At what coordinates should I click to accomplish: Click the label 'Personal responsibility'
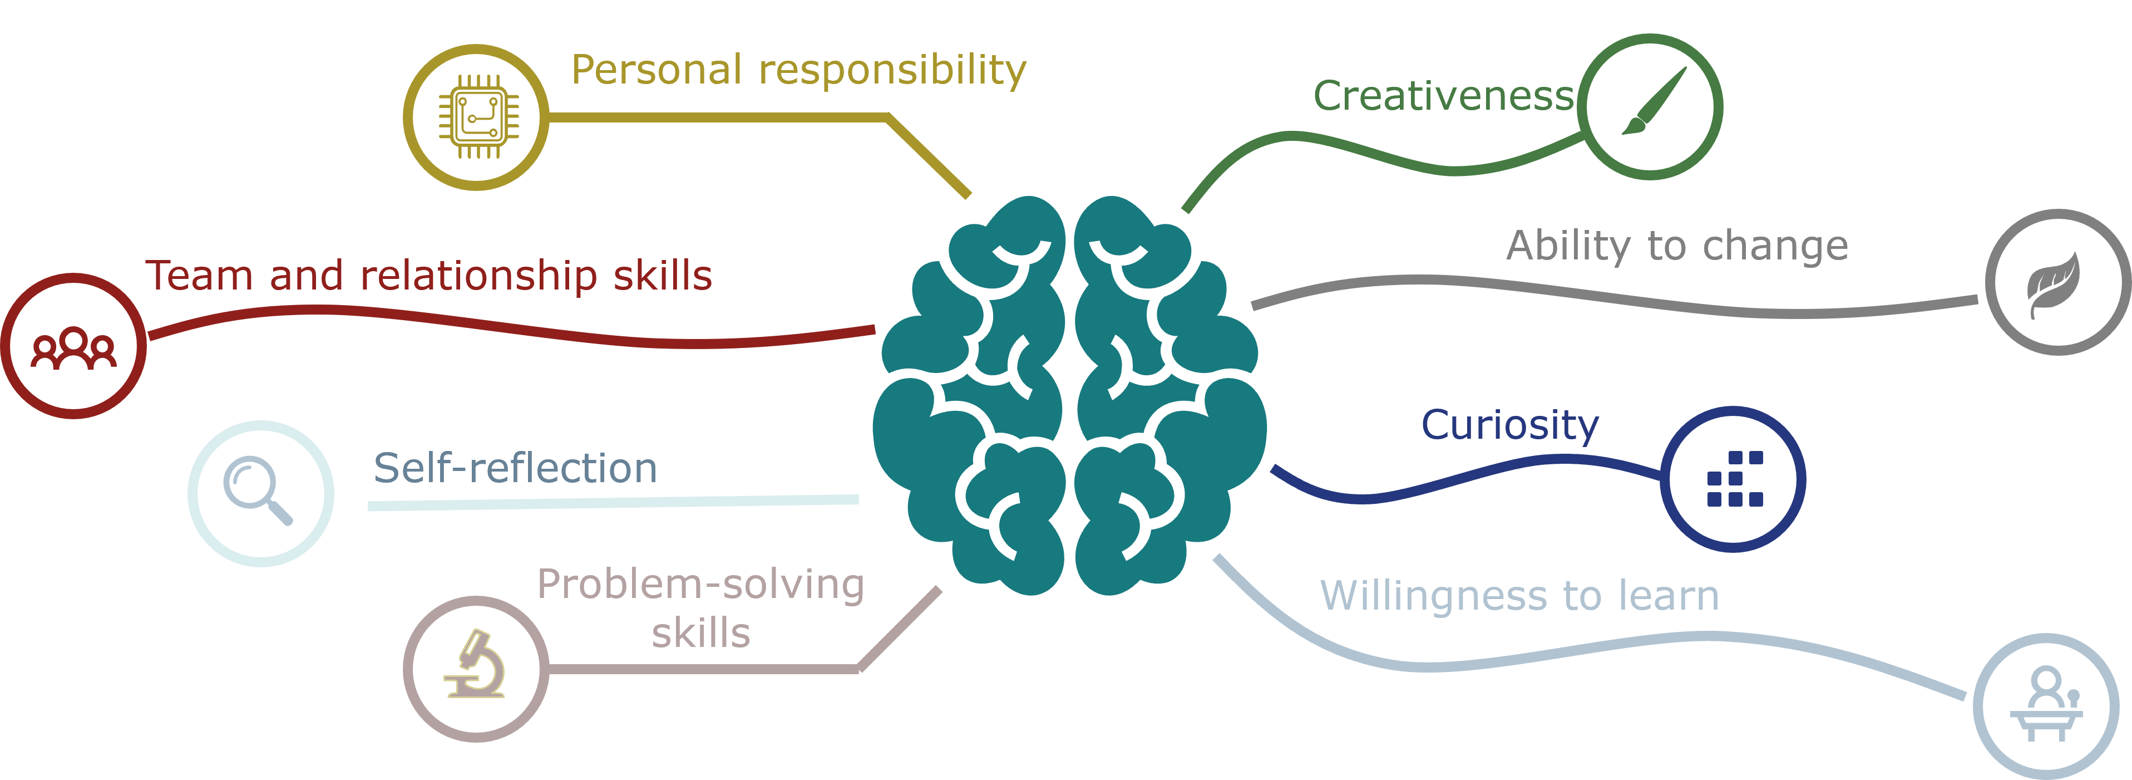(798, 70)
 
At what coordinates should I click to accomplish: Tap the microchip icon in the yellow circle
(477, 116)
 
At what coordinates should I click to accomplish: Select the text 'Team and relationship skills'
(429, 276)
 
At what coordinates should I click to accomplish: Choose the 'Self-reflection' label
(515, 468)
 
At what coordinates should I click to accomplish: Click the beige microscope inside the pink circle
(475, 666)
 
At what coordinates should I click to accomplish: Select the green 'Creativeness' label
(1443, 96)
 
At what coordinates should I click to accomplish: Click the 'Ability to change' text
(1677, 246)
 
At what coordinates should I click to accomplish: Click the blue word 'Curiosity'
(1509, 425)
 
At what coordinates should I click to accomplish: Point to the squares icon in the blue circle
(1735, 479)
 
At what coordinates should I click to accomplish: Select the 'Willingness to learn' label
(1519, 596)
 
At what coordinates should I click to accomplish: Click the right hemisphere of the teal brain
(1167, 398)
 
